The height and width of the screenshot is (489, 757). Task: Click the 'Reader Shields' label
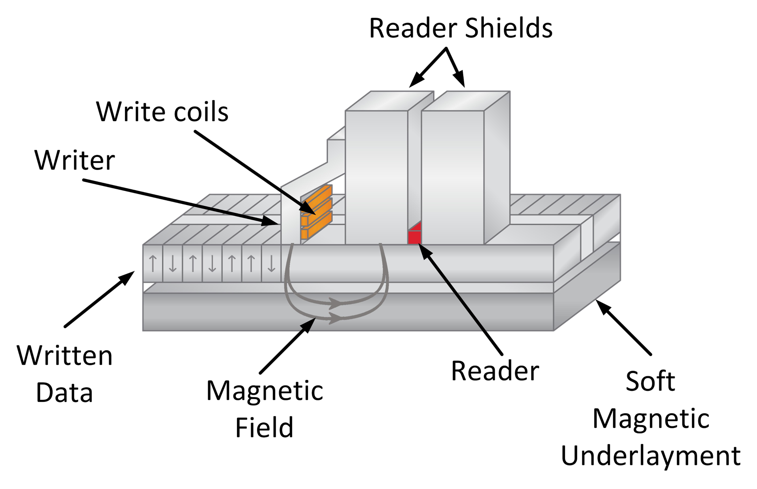pos(461,28)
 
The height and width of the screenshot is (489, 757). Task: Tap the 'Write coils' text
pos(162,112)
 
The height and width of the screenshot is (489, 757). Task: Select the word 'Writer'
pos(75,161)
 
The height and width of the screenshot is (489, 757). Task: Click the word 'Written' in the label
pos(65,356)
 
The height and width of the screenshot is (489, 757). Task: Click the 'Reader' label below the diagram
pos(495,371)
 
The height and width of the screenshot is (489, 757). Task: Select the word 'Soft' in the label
pos(650,381)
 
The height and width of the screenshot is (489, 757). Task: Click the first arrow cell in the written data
pos(153,263)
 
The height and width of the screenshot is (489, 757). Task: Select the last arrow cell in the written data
pos(271,263)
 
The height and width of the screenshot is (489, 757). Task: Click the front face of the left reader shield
pos(376,177)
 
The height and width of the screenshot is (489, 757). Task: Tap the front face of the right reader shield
pos(453,177)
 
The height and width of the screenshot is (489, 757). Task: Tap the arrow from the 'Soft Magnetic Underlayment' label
pos(623,327)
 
